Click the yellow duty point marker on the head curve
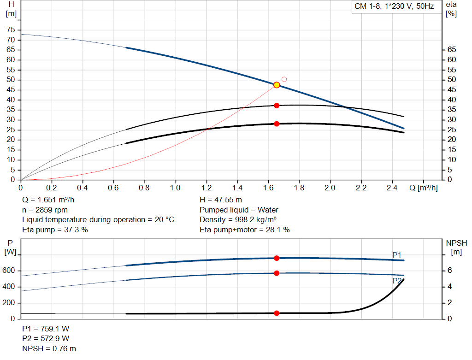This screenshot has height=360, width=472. [277, 85]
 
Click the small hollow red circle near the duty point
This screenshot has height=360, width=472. [284, 79]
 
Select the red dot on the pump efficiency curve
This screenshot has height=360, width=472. [277, 106]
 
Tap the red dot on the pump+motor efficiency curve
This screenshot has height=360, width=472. [277, 124]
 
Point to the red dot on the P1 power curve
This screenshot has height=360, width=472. [277, 258]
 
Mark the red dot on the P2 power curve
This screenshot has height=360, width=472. [277, 273]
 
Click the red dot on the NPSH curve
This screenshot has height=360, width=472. [277, 313]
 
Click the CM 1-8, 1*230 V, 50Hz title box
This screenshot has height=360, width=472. [394, 7]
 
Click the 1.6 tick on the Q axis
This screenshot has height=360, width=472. [268, 188]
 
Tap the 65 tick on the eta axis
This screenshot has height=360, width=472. [451, 50]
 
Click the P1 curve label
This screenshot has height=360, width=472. [396, 255]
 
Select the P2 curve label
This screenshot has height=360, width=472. [396, 280]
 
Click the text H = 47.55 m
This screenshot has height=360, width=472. [220, 200]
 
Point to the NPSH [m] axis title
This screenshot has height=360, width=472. [456, 247]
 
